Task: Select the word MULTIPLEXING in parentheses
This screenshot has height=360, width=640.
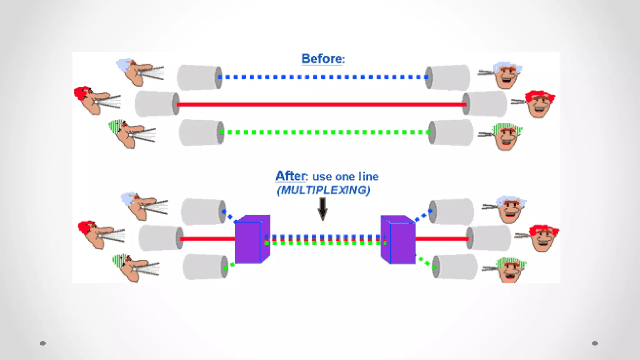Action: coord(324,190)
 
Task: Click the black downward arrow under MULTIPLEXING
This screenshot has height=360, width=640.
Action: coord(322,209)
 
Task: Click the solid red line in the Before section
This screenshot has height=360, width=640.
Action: coord(322,104)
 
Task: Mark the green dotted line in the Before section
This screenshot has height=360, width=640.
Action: coord(325,132)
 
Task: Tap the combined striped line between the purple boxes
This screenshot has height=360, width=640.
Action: coord(325,240)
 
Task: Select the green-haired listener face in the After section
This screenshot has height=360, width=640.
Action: coord(511,270)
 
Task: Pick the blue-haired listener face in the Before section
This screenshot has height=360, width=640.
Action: coord(507,75)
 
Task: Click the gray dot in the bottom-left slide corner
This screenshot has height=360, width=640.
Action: coord(43,343)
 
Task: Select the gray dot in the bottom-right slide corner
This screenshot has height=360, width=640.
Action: coord(595,343)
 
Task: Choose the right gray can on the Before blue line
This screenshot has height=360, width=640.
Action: coord(448,77)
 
